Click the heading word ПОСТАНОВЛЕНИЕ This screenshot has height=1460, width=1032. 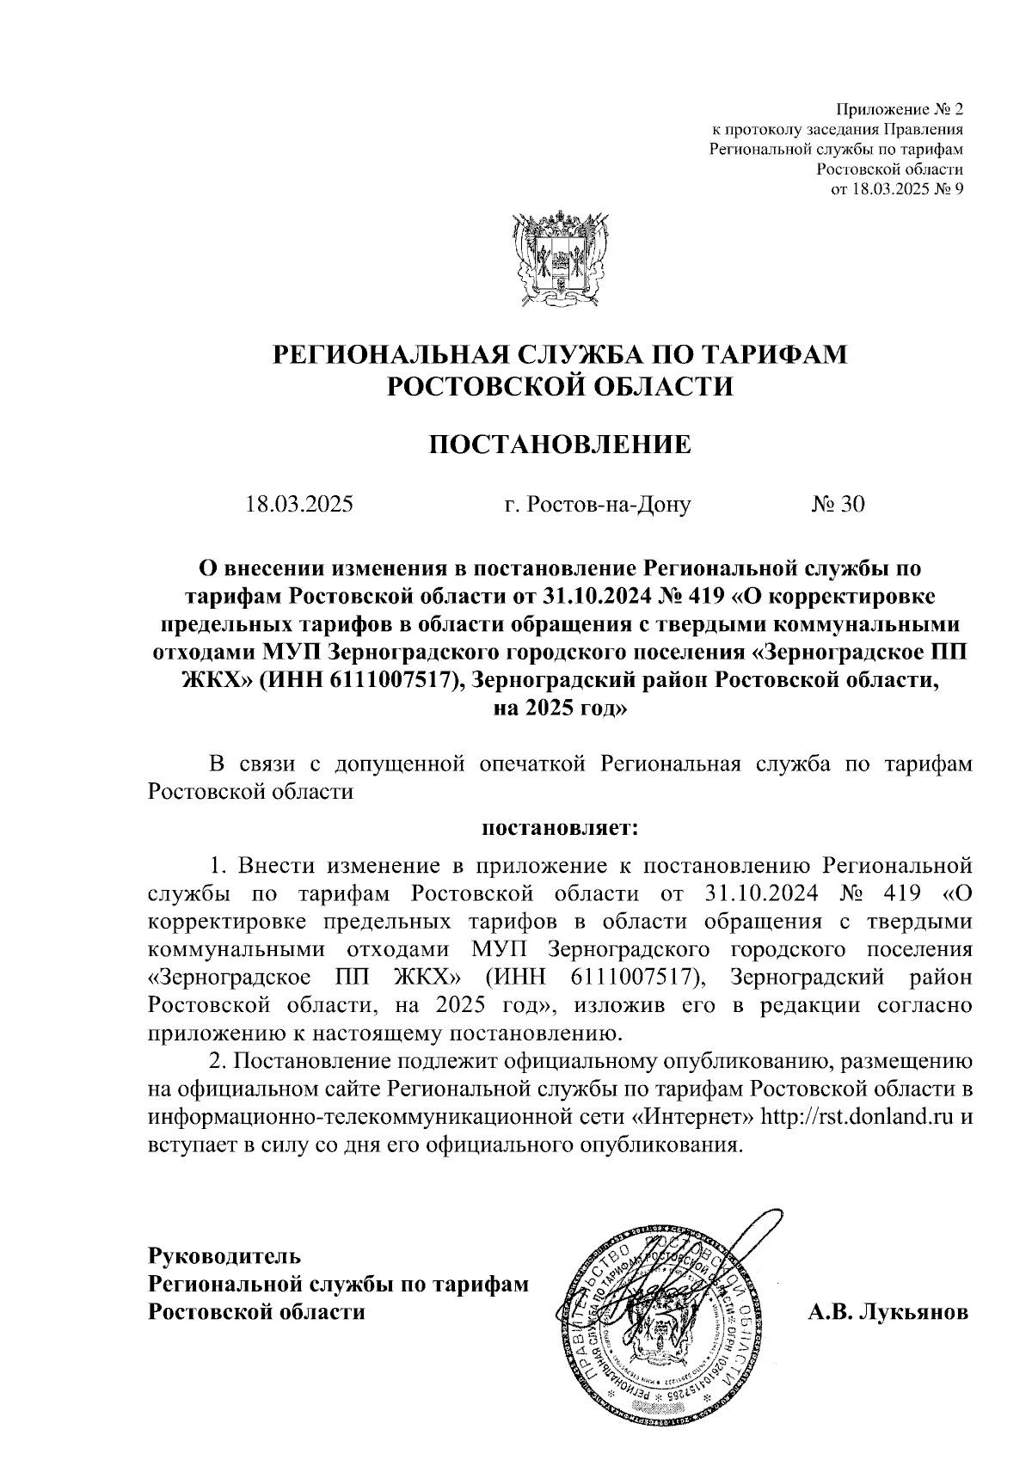click(x=560, y=444)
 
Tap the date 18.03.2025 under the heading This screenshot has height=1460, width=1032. click(x=298, y=504)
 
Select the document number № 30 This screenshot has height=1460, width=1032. click(x=838, y=504)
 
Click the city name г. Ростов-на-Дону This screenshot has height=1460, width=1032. click(x=598, y=504)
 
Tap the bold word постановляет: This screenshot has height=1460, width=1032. click(x=560, y=830)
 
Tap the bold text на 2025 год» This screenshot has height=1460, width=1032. click(x=560, y=709)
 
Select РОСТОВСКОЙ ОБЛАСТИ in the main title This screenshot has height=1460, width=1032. click(x=560, y=387)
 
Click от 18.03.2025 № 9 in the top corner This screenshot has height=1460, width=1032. click(x=896, y=189)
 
